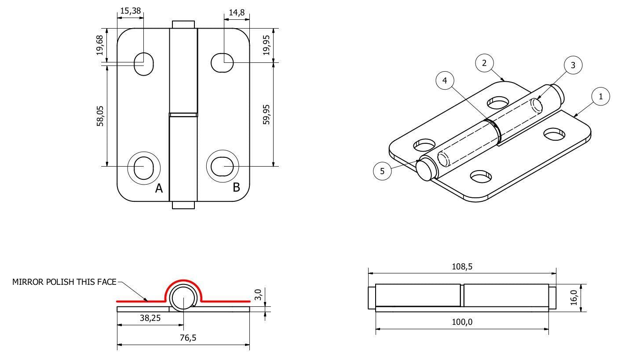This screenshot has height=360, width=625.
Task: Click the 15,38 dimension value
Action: coord(131,11)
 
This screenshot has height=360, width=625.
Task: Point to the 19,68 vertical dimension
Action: coord(101,45)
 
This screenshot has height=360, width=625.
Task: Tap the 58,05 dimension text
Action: coord(101,115)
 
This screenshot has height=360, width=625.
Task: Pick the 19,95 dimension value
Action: coord(267,45)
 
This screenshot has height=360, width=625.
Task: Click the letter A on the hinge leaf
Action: coord(159,189)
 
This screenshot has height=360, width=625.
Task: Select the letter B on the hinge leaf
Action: coord(236,187)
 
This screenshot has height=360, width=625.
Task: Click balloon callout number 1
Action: coord(600,97)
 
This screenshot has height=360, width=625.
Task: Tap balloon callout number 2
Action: coord(484,63)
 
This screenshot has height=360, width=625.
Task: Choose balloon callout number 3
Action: coord(573,65)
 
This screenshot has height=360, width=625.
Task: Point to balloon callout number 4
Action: coord(445,81)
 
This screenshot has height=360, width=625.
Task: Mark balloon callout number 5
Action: coord(382,171)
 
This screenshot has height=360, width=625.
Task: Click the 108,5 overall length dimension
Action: coord(462,266)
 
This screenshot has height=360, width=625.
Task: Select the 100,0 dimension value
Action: coord(462,322)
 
